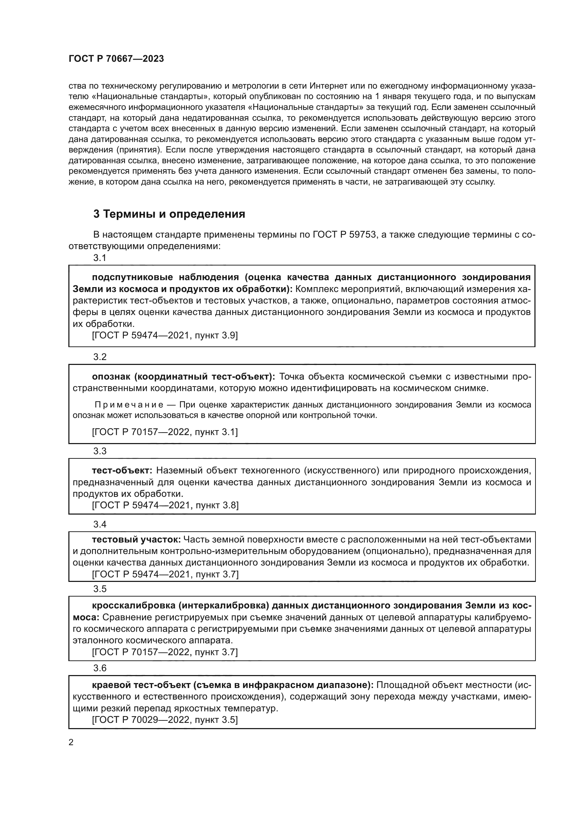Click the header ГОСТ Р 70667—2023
116,59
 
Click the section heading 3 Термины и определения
169,214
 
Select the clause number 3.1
100,258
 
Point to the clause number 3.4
100,524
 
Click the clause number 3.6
100,668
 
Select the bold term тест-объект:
122,471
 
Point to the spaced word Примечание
129,405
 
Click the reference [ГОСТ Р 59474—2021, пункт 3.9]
165,335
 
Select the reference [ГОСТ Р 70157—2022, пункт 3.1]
165,432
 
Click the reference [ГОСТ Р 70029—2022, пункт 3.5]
165,720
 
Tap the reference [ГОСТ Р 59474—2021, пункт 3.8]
165,505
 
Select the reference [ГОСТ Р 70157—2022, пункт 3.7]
165,652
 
